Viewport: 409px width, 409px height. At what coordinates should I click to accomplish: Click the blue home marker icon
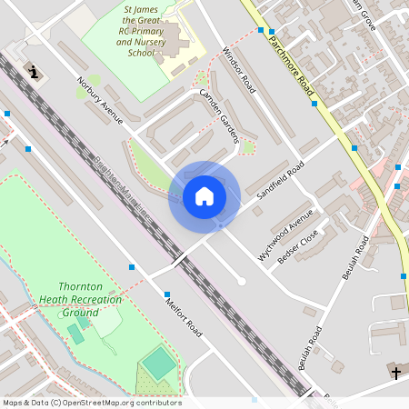pyautogui.click(x=204, y=196)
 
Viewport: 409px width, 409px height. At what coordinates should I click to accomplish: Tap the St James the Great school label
pyautogui.click(x=140, y=31)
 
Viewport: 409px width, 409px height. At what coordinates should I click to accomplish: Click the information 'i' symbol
pyautogui.click(x=35, y=72)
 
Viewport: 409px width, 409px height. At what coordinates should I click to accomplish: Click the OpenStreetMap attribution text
pyautogui.click(x=91, y=403)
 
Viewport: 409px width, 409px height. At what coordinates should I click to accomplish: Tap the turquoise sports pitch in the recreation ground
pyautogui.click(x=159, y=364)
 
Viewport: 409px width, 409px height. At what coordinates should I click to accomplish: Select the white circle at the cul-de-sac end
pyautogui.click(x=241, y=282)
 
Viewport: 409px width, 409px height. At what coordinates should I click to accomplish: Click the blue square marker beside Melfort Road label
pyautogui.click(x=167, y=294)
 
